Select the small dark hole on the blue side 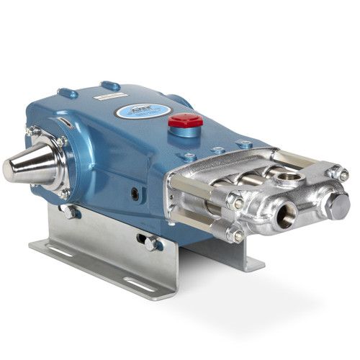(135, 193)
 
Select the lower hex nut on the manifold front (237, 235)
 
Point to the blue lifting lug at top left (69, 93)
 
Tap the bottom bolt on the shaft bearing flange (64, 193)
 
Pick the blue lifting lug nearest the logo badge (110, 86)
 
